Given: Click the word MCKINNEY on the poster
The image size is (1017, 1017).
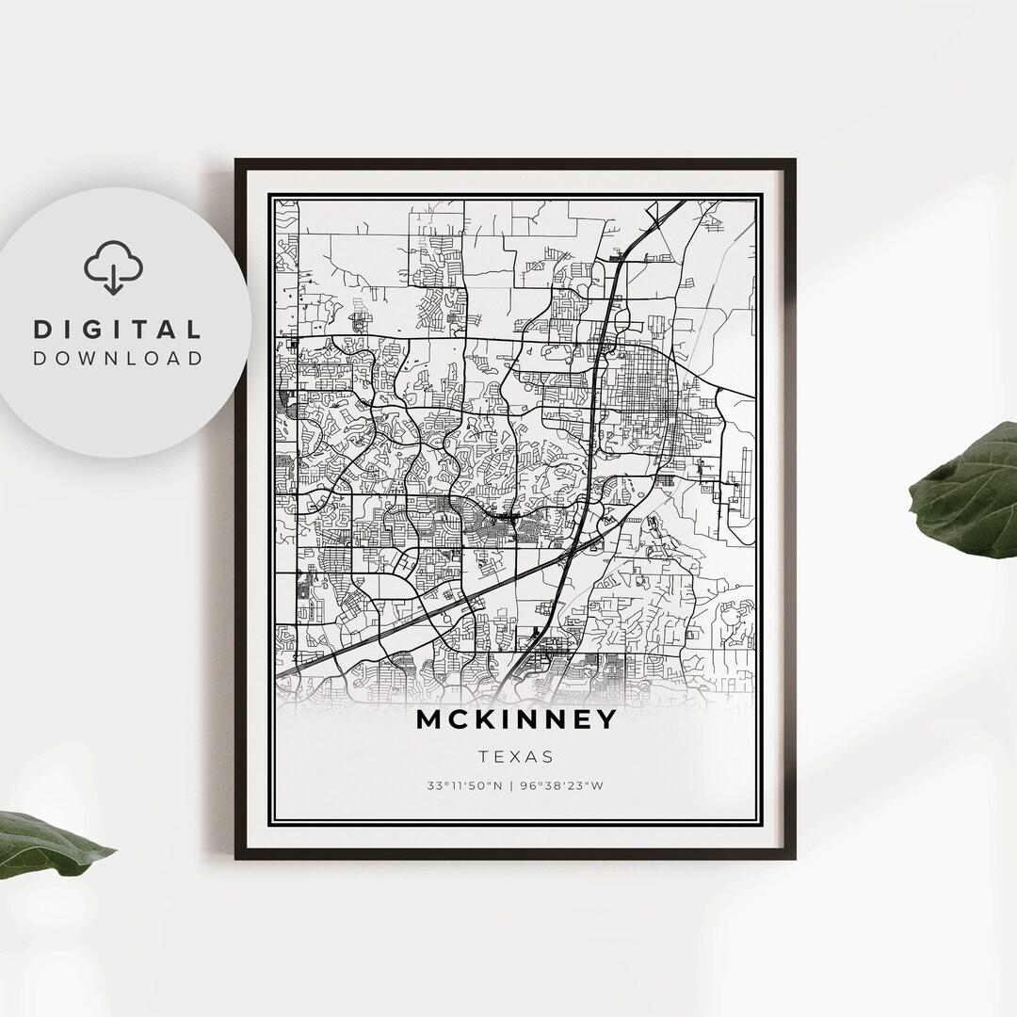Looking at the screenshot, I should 516,719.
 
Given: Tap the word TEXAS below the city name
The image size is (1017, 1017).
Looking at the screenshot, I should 515,756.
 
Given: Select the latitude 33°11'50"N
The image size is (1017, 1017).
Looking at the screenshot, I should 465,786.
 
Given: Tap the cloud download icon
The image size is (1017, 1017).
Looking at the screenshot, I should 113,266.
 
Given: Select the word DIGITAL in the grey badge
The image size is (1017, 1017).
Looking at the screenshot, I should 118,330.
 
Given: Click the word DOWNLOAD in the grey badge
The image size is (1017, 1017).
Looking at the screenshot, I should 118,358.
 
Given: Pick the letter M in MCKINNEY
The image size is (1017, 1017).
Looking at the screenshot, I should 429,719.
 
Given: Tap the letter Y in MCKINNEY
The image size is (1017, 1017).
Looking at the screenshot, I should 605,719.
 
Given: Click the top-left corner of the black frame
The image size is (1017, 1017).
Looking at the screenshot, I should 237,161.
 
